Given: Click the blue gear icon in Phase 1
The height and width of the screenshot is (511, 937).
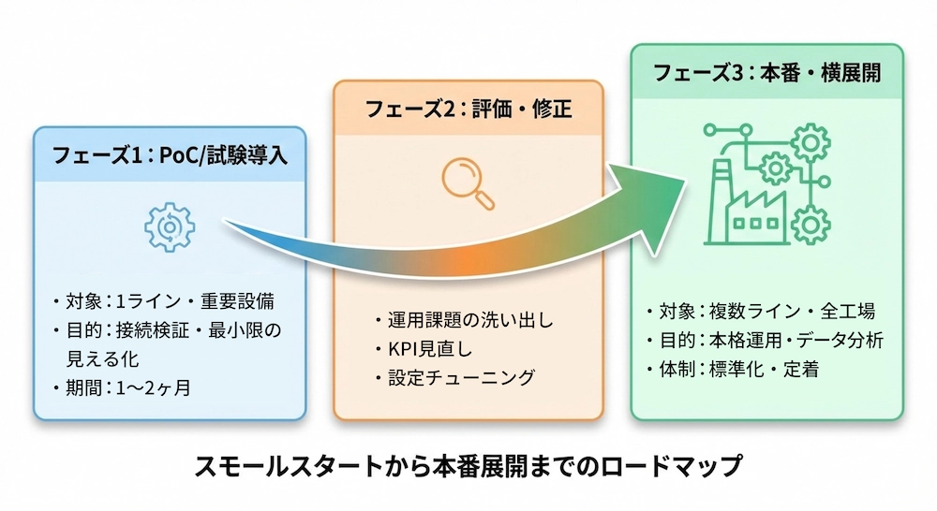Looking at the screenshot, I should click(x=169, y=226).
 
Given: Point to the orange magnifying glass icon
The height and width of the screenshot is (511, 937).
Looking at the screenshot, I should click(x=465, y=181).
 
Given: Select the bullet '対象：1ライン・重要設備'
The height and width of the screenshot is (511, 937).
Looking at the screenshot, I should click(x=169, y=302).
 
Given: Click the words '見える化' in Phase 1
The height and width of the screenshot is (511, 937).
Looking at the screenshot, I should click(x=98, y=358).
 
